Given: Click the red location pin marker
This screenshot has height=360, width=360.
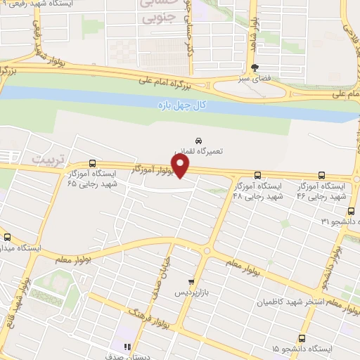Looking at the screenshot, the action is coord(180,166).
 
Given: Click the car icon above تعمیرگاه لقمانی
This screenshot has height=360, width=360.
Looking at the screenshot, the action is coord(198,141).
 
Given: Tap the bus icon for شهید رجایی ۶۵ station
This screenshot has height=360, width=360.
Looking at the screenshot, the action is coord(93,163).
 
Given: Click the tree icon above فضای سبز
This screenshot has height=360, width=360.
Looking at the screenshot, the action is coord(254,67).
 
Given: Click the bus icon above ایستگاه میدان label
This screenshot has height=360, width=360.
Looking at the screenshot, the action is coord(8,237).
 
